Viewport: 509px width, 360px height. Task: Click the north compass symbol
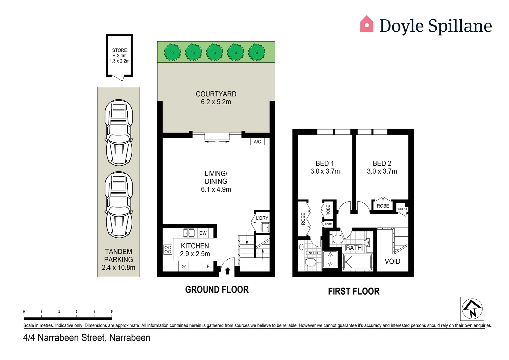[x=472, y=309]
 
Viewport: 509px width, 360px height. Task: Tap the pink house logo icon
[x=366, y=24]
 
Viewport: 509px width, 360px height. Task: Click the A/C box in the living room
[x=257, y=142]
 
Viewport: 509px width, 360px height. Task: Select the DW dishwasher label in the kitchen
[x=203, y=233]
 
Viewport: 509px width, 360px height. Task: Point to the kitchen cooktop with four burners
[x=168, y=249]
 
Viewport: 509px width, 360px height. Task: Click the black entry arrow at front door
[x=228, y=271]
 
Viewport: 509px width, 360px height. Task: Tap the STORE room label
[x=119, y=50]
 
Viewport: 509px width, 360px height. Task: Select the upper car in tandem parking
[x=119, y=132]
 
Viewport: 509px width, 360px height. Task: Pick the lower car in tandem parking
[x=119, y=204]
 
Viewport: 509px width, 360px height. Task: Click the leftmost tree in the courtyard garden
[x=172, y=52]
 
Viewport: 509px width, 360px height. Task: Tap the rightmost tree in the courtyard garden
[x=256, y=52]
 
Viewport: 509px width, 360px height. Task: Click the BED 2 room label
[x=382, y=163]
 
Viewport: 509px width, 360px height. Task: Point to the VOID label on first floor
[x=392, y=261]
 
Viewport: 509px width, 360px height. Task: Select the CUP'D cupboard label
[x=402, y=209]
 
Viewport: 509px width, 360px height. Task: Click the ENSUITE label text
[x=313, y=253]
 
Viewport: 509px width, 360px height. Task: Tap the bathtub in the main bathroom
[x=357, y=262]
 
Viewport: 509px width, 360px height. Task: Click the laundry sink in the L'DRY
[x=265, y=228]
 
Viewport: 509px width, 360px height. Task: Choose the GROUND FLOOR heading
[x=217, y=290]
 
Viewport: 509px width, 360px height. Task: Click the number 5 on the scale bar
[x=112, y=312]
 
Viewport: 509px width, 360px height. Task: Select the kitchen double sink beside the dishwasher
[x=189, y=233]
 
